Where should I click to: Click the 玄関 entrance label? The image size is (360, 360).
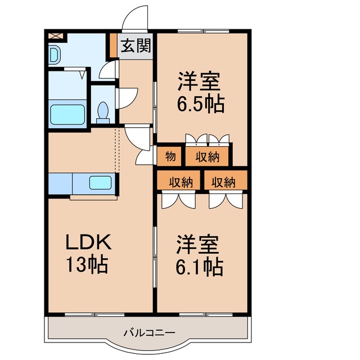click(136, 47)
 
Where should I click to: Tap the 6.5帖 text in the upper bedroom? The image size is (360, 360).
click(201, 104)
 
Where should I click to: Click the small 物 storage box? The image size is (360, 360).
click(170, 157)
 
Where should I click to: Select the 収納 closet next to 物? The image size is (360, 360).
click(207, 157)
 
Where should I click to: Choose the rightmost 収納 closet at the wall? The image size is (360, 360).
click(224, 182)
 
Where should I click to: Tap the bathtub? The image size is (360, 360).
click(67, 115)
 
